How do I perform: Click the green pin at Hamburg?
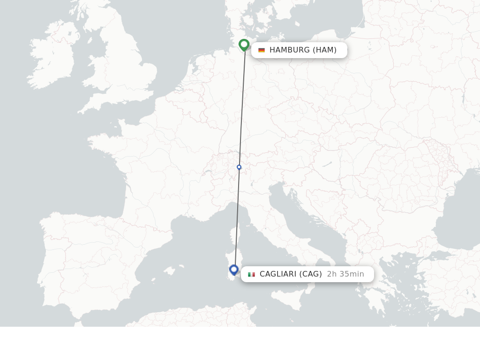244,45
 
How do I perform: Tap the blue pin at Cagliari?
234,270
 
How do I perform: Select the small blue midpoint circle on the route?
239,167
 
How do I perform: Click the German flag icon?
262,50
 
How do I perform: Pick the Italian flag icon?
252,274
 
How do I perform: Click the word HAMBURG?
289,50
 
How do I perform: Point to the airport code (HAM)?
324,50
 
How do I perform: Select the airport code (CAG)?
311,274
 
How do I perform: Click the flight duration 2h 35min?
345,274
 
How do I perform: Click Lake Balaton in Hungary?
326,164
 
